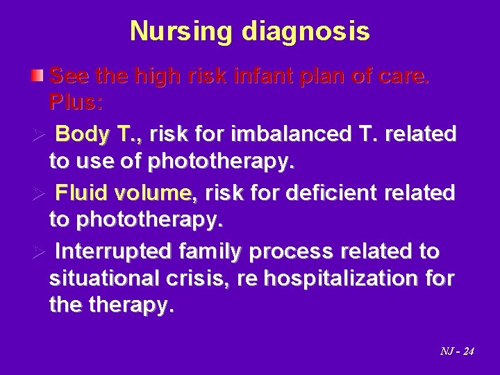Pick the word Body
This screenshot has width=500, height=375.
point(78,133)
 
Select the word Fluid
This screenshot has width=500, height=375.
point(79,191)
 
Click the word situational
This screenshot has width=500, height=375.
point(101,278)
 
